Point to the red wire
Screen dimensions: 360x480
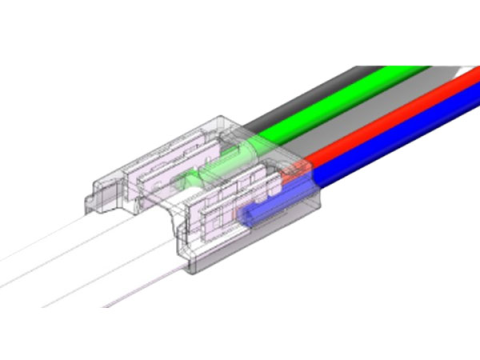pyautogui.click(x=400, y=125)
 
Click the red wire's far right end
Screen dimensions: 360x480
pyautogui.click(x=470, y=90)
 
